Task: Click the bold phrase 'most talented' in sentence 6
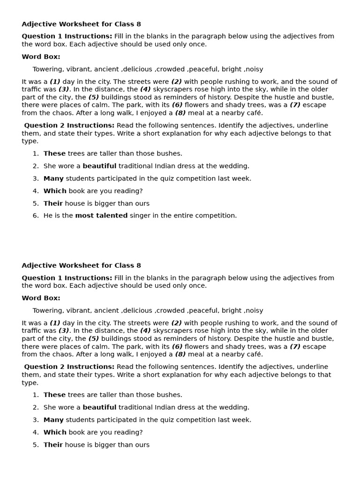coord(101,216)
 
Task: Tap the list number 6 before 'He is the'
coord(35,216)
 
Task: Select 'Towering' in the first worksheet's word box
coord(47,69)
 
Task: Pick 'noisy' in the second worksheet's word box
coord(254,311)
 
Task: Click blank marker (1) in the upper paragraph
coord(55,82)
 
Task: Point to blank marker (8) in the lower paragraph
coord(180,354)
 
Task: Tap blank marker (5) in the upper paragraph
coord(94,97)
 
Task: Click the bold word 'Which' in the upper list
coord(55,191)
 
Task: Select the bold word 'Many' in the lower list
coord(53,420)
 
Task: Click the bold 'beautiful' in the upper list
coord(99,166)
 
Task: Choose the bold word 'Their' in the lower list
coord(53,445)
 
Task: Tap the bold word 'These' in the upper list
coord(54,153)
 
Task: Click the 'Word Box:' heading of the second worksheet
coord(41,298)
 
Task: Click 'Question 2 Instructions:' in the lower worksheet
coord(69,367)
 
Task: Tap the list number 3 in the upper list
coord(35,179)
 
